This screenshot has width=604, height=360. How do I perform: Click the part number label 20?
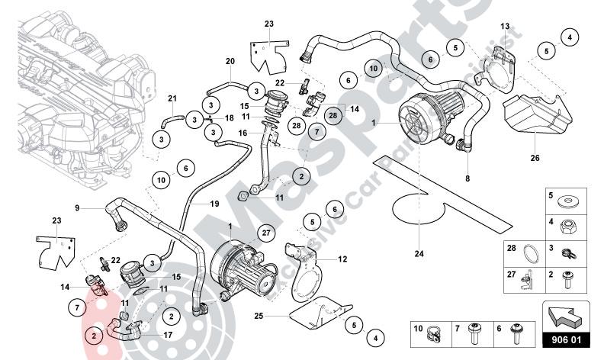tap(230, 61)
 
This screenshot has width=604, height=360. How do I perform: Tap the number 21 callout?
tap(172, 98)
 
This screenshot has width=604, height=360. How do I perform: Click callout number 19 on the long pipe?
tap(214, 204)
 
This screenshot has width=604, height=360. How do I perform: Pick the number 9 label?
tap(77, 207)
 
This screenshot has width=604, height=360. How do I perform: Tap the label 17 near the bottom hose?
tap(167, 333)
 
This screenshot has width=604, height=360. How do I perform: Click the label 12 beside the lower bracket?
tap(342, 259)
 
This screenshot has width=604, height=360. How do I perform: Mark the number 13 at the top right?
tap(504, 27)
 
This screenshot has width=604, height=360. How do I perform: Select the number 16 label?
tap(243, 133)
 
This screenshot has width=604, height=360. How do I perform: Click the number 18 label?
tap(228, 119)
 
